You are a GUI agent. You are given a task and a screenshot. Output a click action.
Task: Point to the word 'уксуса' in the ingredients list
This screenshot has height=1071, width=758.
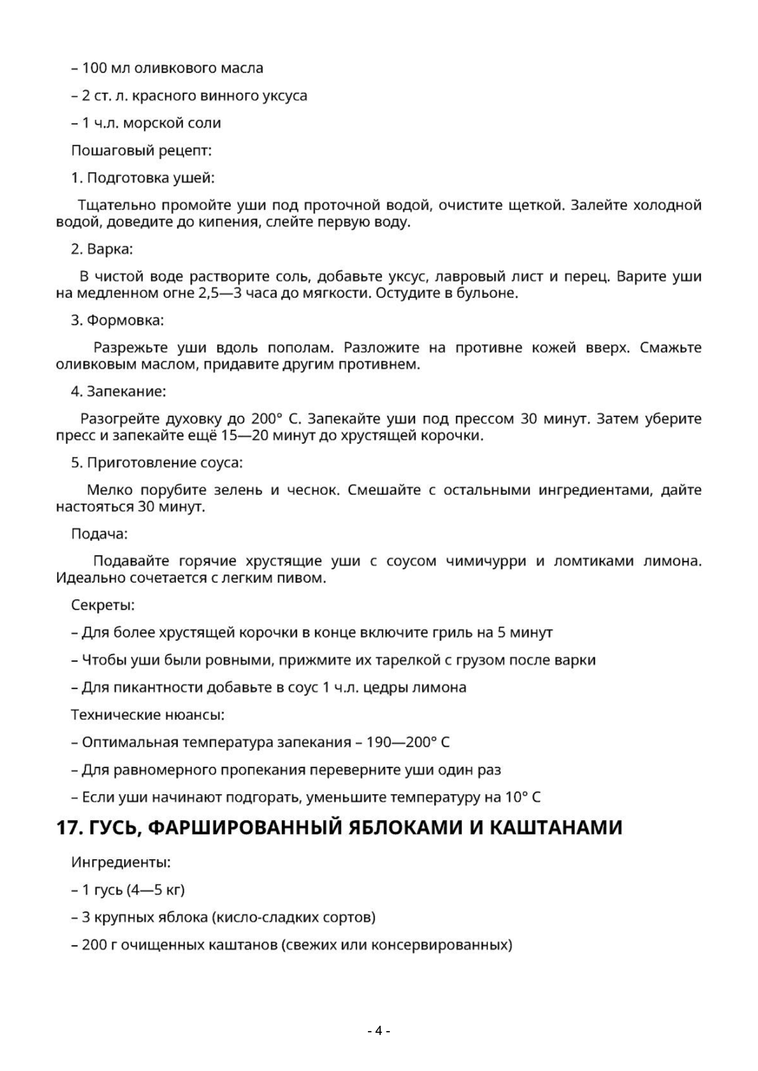[286, 96]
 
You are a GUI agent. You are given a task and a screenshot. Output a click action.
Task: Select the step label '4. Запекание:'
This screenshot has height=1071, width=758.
[118, 391]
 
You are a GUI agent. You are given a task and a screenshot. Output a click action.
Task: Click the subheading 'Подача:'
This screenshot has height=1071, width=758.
[99, 534]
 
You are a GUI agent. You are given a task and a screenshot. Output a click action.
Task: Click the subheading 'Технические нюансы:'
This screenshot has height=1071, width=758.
[147, 714]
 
